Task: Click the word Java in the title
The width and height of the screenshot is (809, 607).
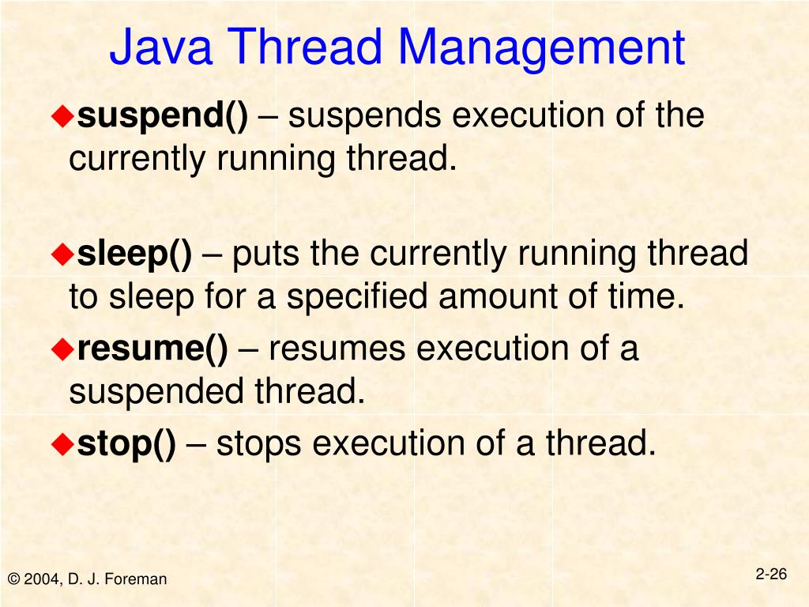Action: (x=161, y=47)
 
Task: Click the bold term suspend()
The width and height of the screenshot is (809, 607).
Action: (x=163, y=117)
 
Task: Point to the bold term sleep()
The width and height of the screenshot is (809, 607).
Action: (x=134, y=254)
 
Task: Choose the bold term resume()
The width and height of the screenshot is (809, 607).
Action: (x=152, y=349)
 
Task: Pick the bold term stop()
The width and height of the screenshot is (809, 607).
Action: (x=126, y=444)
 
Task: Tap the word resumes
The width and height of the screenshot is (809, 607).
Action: (x=338, y=349)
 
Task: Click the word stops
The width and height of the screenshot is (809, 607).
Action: (x=259, y=444)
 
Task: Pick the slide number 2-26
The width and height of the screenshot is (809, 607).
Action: (x=771, y=575)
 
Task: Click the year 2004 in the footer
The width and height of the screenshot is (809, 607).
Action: (x=40, y=579)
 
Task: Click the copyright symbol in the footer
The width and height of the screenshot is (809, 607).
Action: (x=13, y=579)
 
